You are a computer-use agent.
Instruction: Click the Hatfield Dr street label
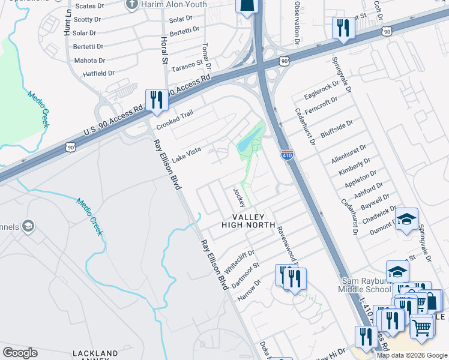coord(95,73)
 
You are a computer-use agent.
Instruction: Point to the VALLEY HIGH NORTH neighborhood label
coord(248,220)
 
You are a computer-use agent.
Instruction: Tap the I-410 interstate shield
coord(287,155)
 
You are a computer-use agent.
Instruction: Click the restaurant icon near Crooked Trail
coord(157,100)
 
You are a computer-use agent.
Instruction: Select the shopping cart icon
coord(422,327)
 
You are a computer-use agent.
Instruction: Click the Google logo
coord(20,353)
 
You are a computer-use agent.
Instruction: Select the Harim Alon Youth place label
coord(174,5)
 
